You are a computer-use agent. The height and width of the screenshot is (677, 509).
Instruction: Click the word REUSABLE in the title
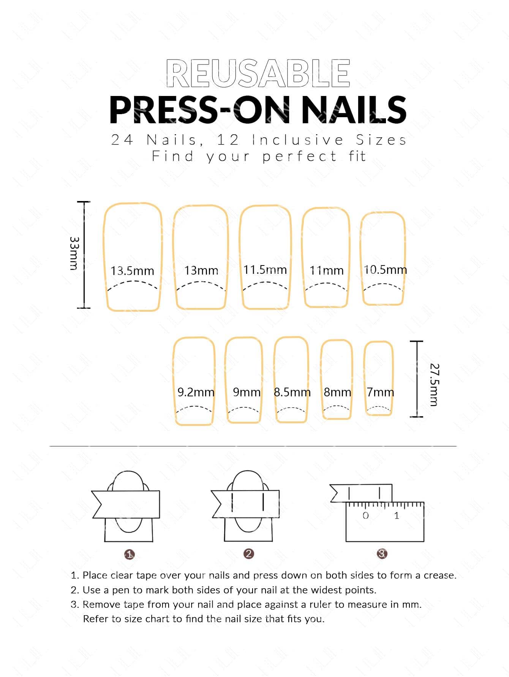[x=258, y=73]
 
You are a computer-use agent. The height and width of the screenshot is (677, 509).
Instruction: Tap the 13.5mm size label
[x=133, y=271]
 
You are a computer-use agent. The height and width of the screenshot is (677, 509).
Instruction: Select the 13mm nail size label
[x=201, y=270]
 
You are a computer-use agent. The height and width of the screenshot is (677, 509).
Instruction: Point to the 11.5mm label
[x=265, y=270]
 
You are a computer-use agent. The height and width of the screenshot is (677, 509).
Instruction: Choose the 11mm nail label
[x=326, y=270]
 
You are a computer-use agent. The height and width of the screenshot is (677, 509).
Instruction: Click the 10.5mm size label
[x=385, y=270]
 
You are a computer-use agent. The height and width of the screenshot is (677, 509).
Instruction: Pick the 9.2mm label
[x=196, y=392]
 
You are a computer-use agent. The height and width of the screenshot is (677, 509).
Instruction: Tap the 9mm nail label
[x=247, y=392]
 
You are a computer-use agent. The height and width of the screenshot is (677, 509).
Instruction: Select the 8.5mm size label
[x=292, y=392]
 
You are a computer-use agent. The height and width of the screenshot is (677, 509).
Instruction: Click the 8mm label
[x=337, y=392]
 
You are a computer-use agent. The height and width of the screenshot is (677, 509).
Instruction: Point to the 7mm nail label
[x=380, y=392]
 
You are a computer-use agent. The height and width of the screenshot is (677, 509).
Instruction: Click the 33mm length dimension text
[x=74, y=253]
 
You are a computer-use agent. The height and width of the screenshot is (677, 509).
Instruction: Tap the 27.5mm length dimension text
[x=434, y=385]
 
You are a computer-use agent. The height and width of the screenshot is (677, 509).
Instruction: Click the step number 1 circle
[x=130, y=554]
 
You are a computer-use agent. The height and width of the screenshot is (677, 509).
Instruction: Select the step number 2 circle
[x=249, y=554]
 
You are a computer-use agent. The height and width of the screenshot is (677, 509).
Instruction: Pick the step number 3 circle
[x=382, y=554]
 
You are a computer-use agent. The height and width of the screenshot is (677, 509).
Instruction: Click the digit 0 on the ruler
[x=365, y=515]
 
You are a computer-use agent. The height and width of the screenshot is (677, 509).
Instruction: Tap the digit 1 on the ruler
[x=397, y=515]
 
